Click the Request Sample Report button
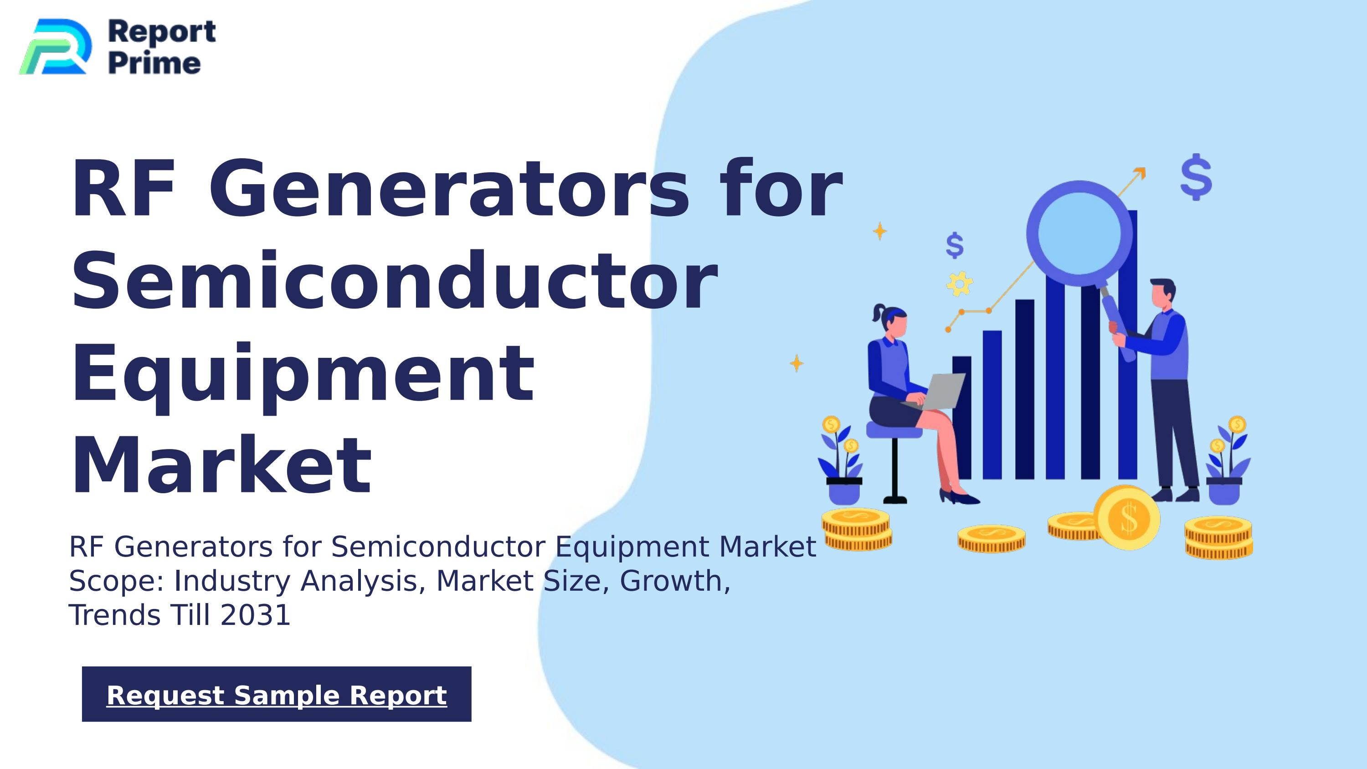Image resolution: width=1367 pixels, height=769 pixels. point(277,694)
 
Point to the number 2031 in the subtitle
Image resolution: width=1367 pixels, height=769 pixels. point(255,615)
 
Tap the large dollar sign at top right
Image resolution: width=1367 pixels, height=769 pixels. point(1196,177)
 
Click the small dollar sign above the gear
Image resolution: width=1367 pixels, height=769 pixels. point(955,245)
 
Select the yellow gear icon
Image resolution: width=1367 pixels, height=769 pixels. point(960,284)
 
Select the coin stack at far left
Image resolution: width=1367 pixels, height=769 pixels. point(857,529)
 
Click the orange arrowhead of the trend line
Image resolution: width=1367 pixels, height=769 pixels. point(1140,173)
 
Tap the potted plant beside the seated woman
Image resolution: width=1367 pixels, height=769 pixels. point(842,462)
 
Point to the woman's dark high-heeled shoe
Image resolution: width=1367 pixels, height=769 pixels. point(960,497)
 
